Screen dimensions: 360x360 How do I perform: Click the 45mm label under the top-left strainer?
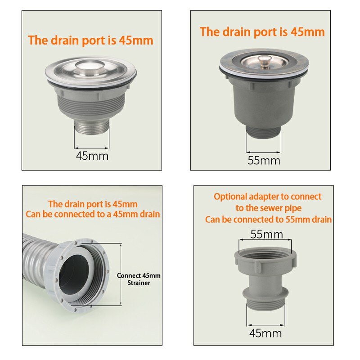(92, 156)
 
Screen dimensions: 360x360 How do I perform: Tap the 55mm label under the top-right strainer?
(264, 160)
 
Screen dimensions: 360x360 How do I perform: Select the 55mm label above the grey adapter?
(267, 234)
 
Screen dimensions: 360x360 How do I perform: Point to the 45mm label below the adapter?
(265, 333)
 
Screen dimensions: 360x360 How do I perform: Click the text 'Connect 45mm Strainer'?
(139, 279)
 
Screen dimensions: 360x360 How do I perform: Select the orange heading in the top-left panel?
(90, 40)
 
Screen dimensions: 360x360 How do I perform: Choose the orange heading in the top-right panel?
(262, 32)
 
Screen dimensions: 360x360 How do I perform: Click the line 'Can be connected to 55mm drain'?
(268, 220)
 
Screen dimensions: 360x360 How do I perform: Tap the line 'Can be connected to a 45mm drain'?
(93, 214)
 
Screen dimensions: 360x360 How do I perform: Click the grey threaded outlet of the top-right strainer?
(264, 133)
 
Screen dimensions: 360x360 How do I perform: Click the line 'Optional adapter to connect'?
(267, 197)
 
